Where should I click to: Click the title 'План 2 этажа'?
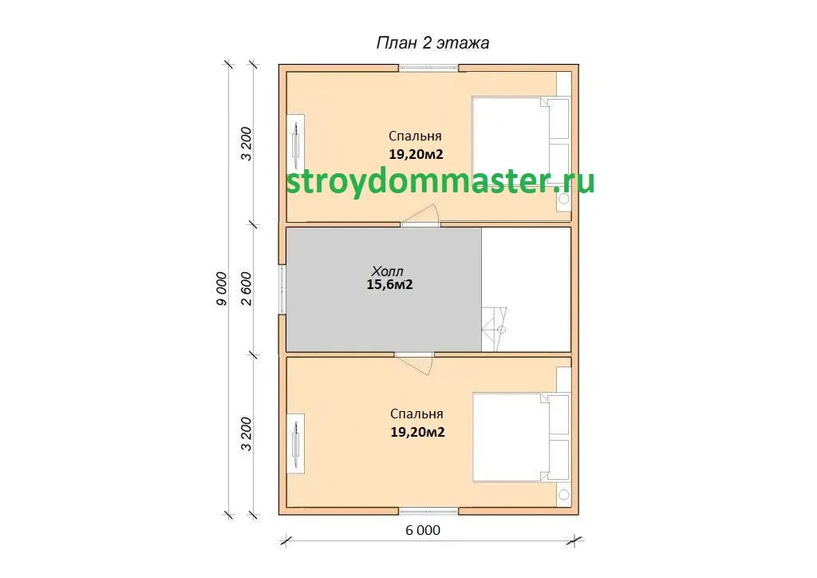pyautogui.click(x=432, y=43)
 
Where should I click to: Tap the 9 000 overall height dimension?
pyautogui.click(x=222, y=288)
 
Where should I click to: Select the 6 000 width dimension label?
pyautogui.click(x=423, y=530)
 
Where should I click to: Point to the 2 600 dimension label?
pyautogui.click(x=246, y=288)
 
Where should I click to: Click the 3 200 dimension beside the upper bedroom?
pyautogui.click(x=246, y=144)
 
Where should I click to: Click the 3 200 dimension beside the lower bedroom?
pyautogui.click(x=246, y=434)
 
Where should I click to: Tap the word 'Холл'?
pyautogui.click(x=387, y=271)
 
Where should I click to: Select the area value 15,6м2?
pyautogui.click(x=389, y=284)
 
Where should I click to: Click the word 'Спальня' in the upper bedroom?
pyautogui.click(x=415, y=136)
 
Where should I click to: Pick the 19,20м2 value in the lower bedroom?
pyautogui.click(x=417, y=432)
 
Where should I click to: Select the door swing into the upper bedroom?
pyautogui.click(x=421, y=216)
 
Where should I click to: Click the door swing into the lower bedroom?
pyautogui.click(x=414, y=364)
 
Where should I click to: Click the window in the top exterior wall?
pyautogui.click(x=428, y=67)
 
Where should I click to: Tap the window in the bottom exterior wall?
pyautogui.click(x=428, y=511)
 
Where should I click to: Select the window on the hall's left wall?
pyautogui.click(x=282, y=290)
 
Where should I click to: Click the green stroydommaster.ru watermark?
pyautogui.click(x=440, y=181)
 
